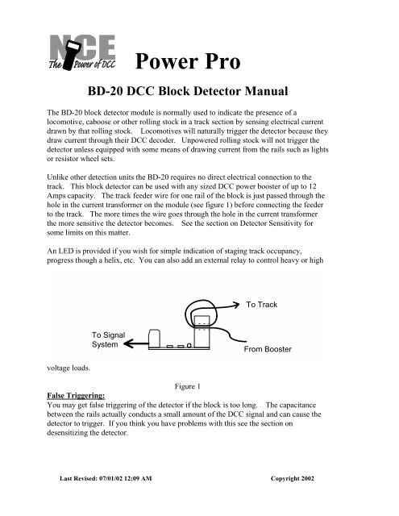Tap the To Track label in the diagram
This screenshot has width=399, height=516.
262,305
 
